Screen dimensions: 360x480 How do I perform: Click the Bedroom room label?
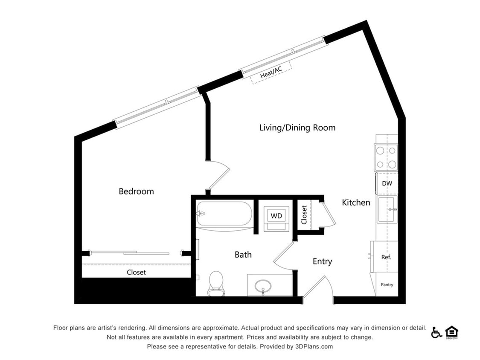pos(136,192)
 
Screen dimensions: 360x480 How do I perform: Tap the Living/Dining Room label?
pos(297,128)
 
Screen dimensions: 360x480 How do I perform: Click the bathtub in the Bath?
pos(224,214)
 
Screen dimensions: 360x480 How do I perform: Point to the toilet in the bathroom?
pos(216,282)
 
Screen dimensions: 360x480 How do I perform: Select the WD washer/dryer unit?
pos(276,216)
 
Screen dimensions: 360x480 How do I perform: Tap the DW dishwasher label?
pos(387,183)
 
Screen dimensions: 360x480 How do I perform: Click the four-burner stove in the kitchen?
pos(386,157)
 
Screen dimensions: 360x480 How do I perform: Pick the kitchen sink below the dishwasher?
pos(387,209)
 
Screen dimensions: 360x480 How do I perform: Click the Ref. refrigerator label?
pos(386,257)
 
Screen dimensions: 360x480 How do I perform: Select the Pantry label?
pos(387,285)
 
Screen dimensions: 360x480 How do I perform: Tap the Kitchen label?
pos(356,203)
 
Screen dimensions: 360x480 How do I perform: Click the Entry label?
pos(322,261)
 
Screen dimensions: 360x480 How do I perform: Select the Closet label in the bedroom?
pos(136,272)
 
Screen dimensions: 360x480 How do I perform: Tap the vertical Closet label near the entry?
pos(304,215)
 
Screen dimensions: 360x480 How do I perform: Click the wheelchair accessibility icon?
pos(436,332)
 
